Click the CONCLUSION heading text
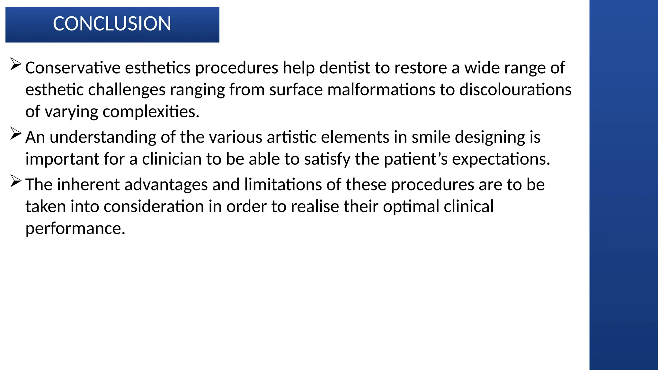tap(112, 24)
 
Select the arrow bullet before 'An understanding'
tap(16, 133)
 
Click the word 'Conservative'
tap(73, 68)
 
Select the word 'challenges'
tap(127, 90)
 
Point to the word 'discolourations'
tap(515, 90)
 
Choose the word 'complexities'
tap(151, 112)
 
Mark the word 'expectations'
tap(501, 159)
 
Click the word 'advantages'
tap(166, 185)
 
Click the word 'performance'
tap(75, 229)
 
